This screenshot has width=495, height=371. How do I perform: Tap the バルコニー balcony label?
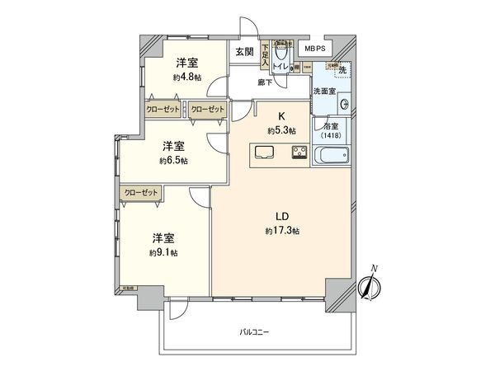point(254,331)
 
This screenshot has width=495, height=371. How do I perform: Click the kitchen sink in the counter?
point(266,152)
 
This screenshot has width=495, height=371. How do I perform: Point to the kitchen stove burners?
point(298,152)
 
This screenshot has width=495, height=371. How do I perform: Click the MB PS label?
point(315,49)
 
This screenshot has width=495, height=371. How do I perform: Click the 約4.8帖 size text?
point(186,77)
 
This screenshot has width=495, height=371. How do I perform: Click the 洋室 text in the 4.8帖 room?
point(186,63)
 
